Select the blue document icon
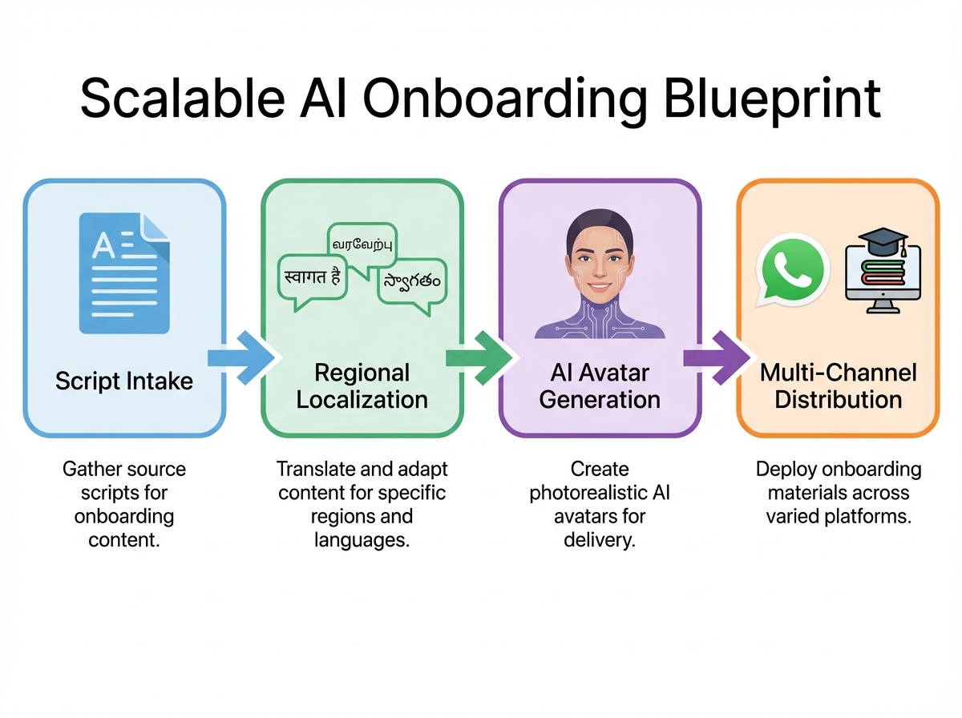(124, 272)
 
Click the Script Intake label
(124, 381)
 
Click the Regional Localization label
(362, 386)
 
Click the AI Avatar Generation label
(600, 386)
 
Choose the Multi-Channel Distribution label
(838, 386)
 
